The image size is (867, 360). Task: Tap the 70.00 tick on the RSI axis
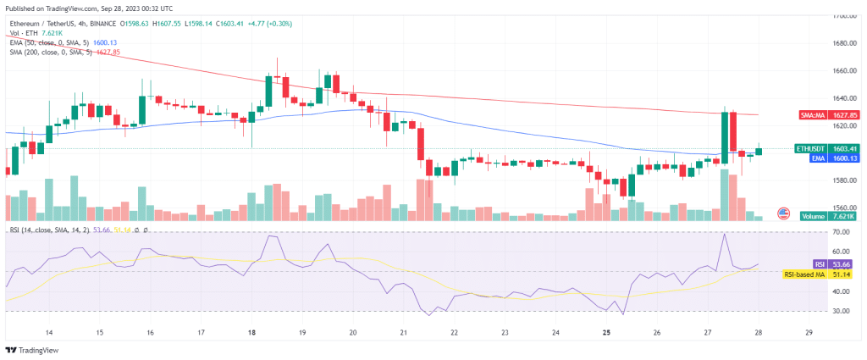point(841,232)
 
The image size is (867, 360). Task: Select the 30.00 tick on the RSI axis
point(841,311)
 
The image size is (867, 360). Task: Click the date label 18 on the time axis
point(251,332)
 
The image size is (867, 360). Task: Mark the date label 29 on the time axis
point(809,332)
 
